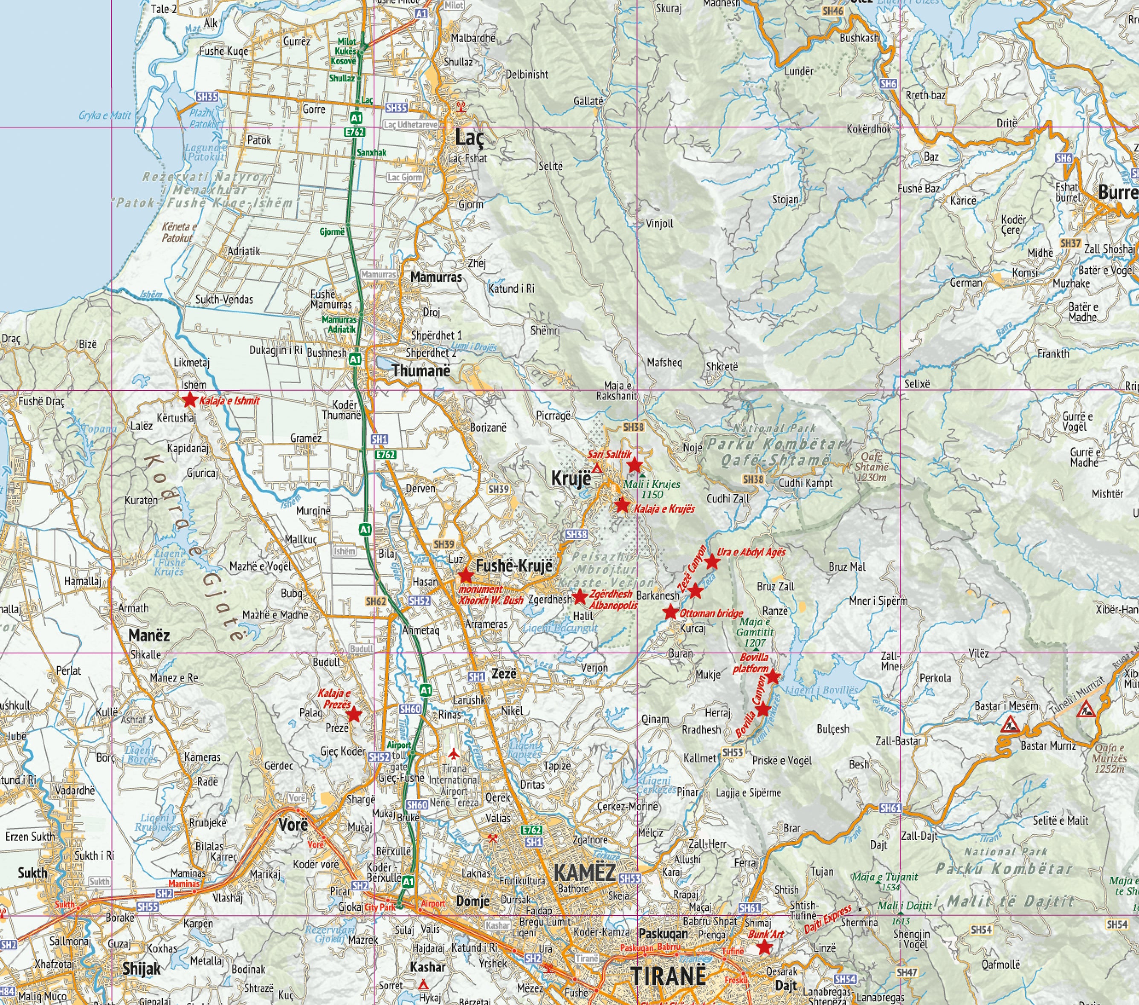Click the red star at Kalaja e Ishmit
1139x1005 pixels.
point(189,399)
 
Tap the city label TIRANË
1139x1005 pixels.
point(668,976)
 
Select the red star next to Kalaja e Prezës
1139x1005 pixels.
point(354,715)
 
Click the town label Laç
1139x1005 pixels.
point(470,137)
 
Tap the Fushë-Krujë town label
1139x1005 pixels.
point(513,566)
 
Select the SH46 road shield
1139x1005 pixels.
point(832,11)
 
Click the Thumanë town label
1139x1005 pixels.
point(421,370)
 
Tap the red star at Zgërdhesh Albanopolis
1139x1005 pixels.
point(580,597)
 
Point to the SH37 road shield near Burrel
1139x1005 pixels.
point(1070,243)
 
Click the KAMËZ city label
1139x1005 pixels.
point(585,873)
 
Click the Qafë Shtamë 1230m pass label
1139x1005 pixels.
point(871,467)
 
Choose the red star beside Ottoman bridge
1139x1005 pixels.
point(670,612)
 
